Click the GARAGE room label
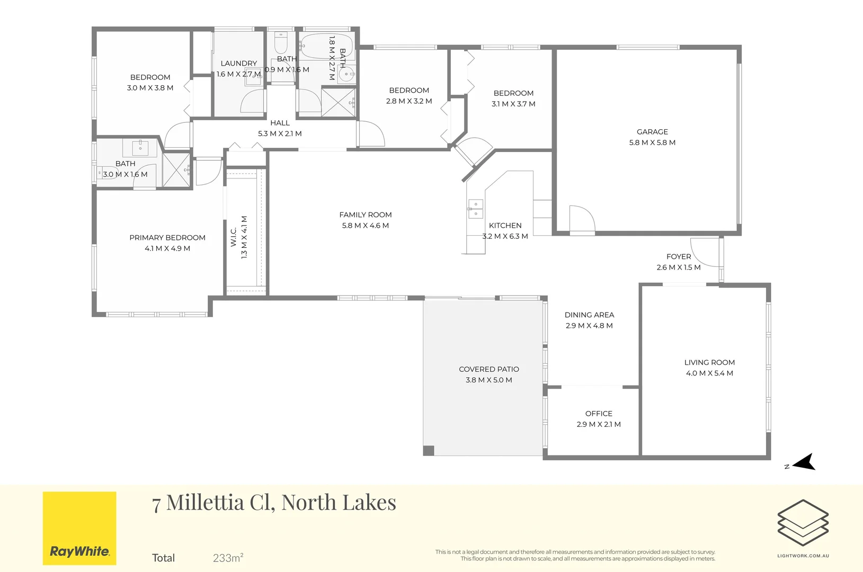tap(652, 132)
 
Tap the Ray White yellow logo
tap(79, 528)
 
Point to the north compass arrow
tap(804, 462)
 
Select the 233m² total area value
tap(228, 558)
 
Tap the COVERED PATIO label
tap(489, 369)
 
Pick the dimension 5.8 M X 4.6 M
tap(365, 226)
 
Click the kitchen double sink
tap(475, 208)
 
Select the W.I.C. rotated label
tap(234, 237)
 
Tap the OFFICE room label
tap(599, 414)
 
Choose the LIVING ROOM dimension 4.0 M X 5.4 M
tap(709, 373)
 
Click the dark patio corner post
tap(429, 450)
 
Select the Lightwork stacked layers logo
tap(803, 522)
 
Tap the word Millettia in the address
tap(206, 502)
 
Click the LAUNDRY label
tap(239, 63)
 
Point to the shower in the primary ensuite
tap(176, 170)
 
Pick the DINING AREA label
tap(589, 315)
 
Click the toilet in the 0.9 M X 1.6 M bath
tap(281, 43)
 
